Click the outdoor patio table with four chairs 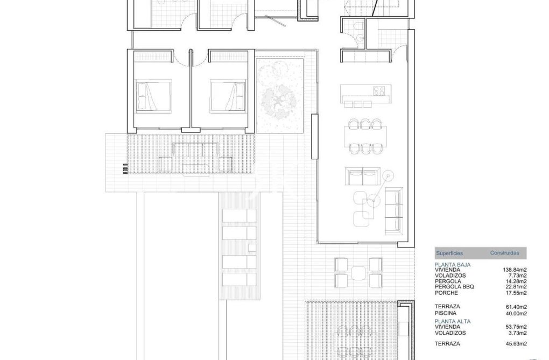[358, 272]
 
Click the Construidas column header [504, 252]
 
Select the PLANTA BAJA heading [453, 265]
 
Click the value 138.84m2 [513, 270]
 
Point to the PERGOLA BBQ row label [454, 287]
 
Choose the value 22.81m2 [515, 287]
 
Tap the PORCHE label [446, 293]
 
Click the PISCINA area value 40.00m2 [515, 313]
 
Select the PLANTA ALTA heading [453, 321]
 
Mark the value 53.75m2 [515, 327]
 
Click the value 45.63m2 [515, 343]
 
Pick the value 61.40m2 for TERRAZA [515, 306]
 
